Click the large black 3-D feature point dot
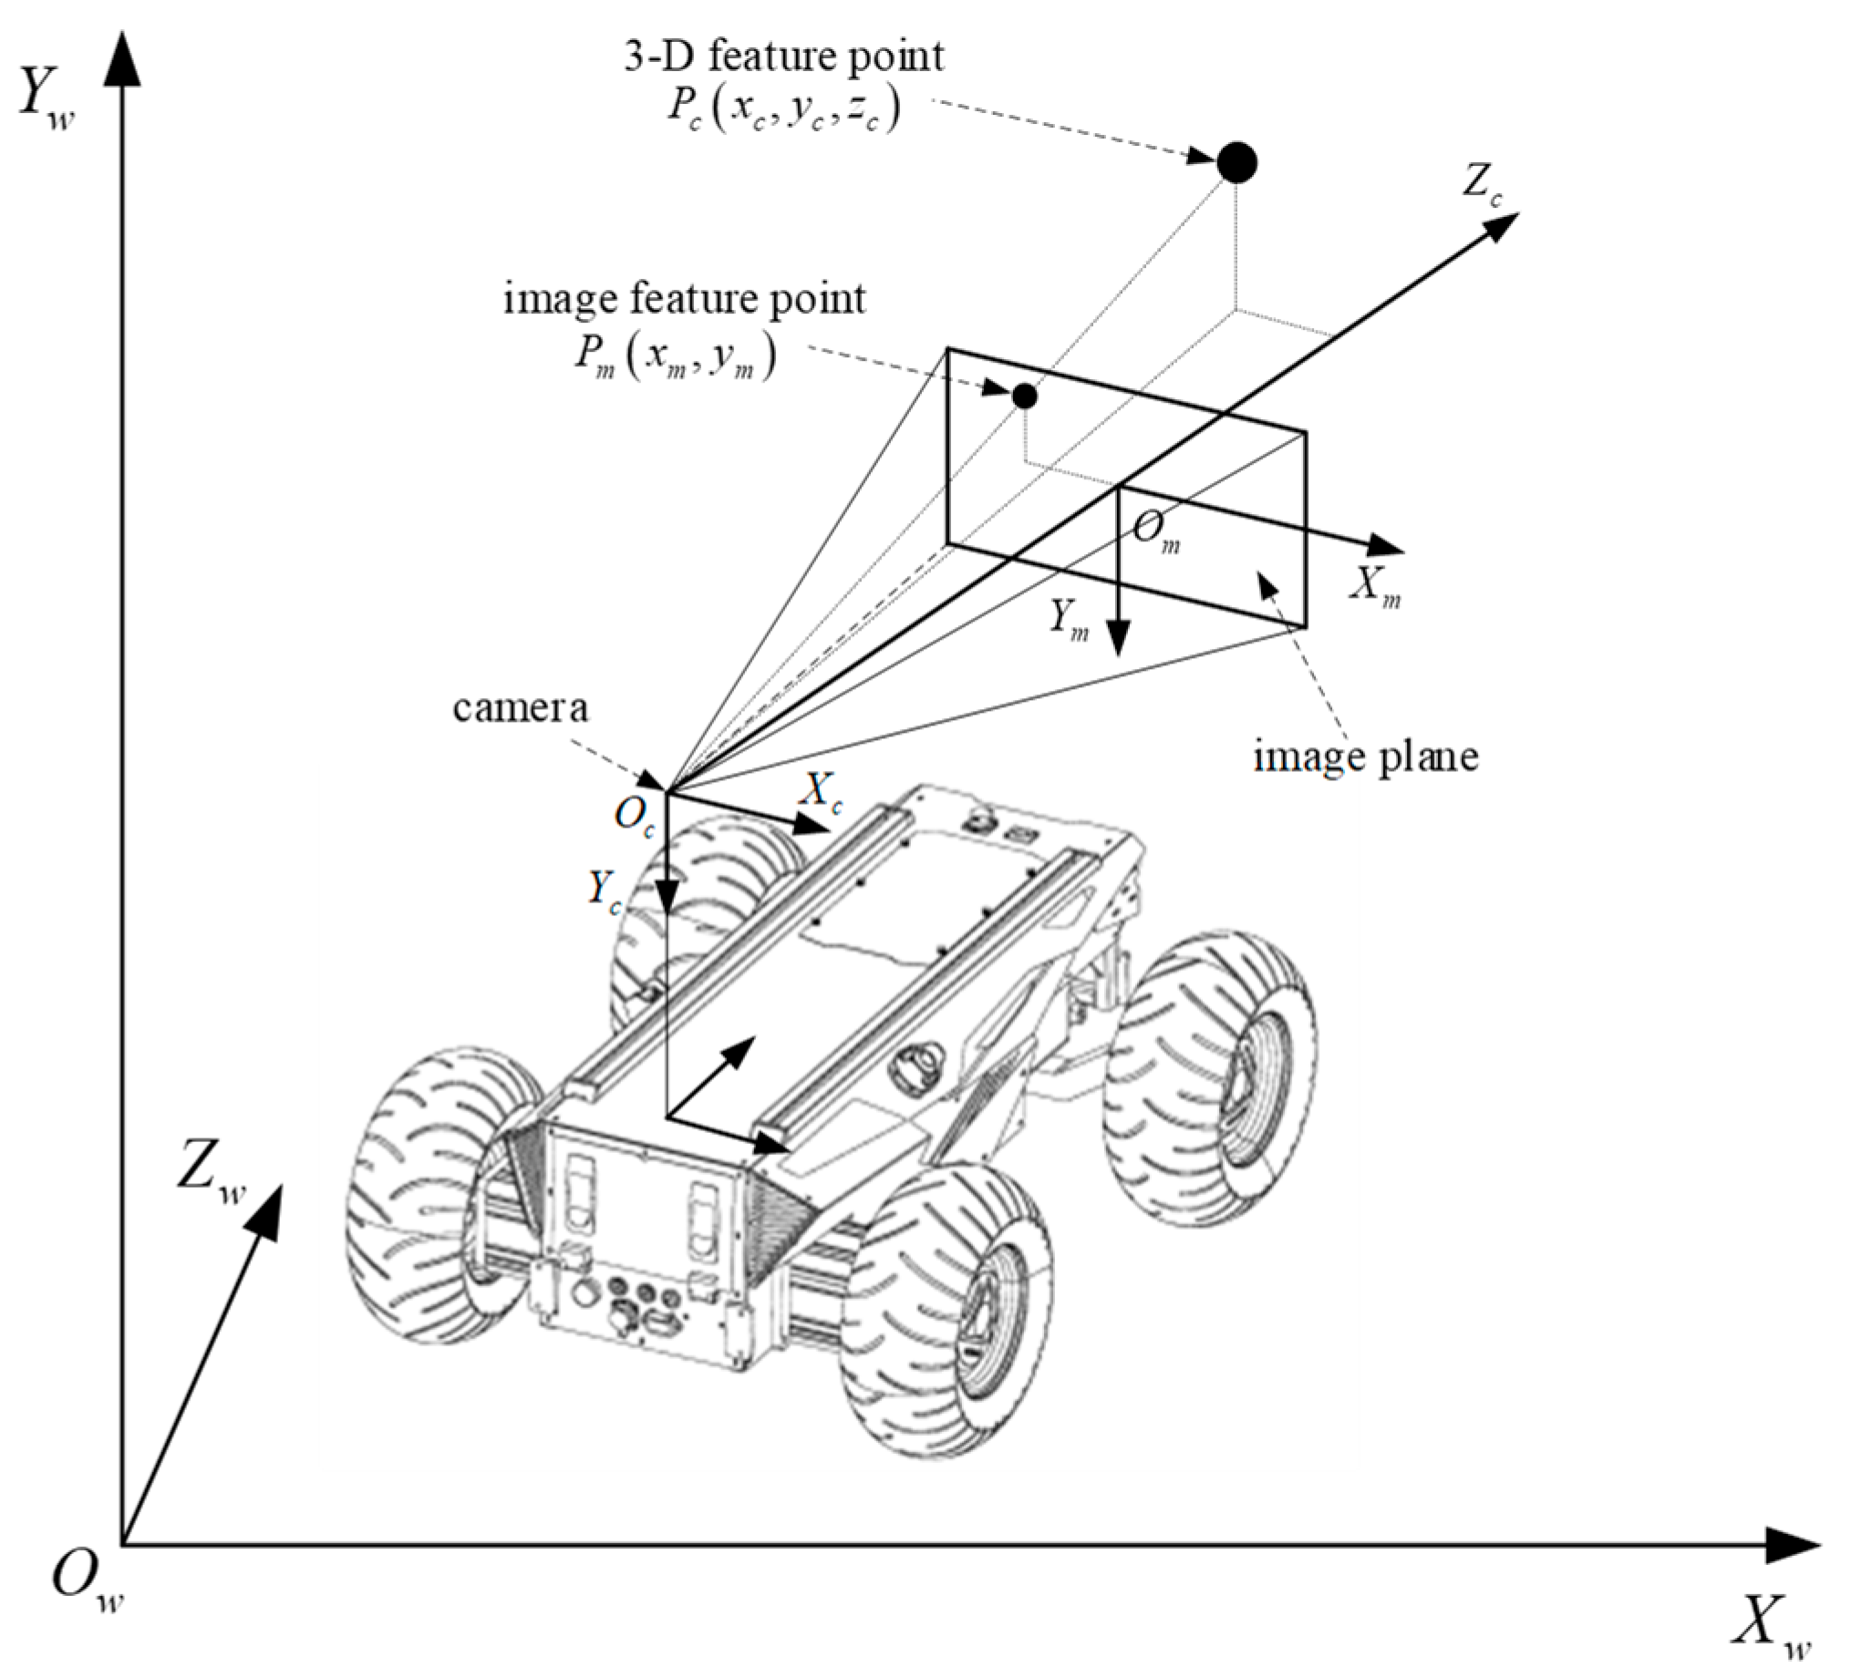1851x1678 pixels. (x=1236, y=163)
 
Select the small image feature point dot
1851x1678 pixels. (x=1024, y=396)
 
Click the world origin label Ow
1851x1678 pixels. (x=86, y=1580)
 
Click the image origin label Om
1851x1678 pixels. (x=1154, y=530)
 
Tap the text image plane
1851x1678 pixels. (x=1365, y=757)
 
